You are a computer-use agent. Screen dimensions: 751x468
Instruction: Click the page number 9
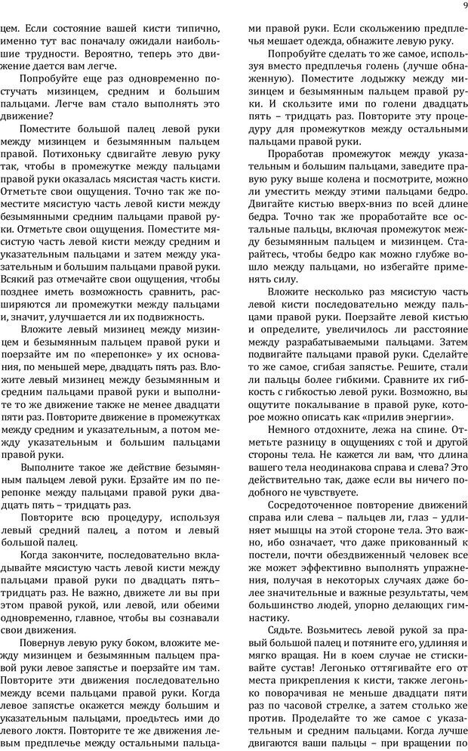[x=460, y=8]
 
